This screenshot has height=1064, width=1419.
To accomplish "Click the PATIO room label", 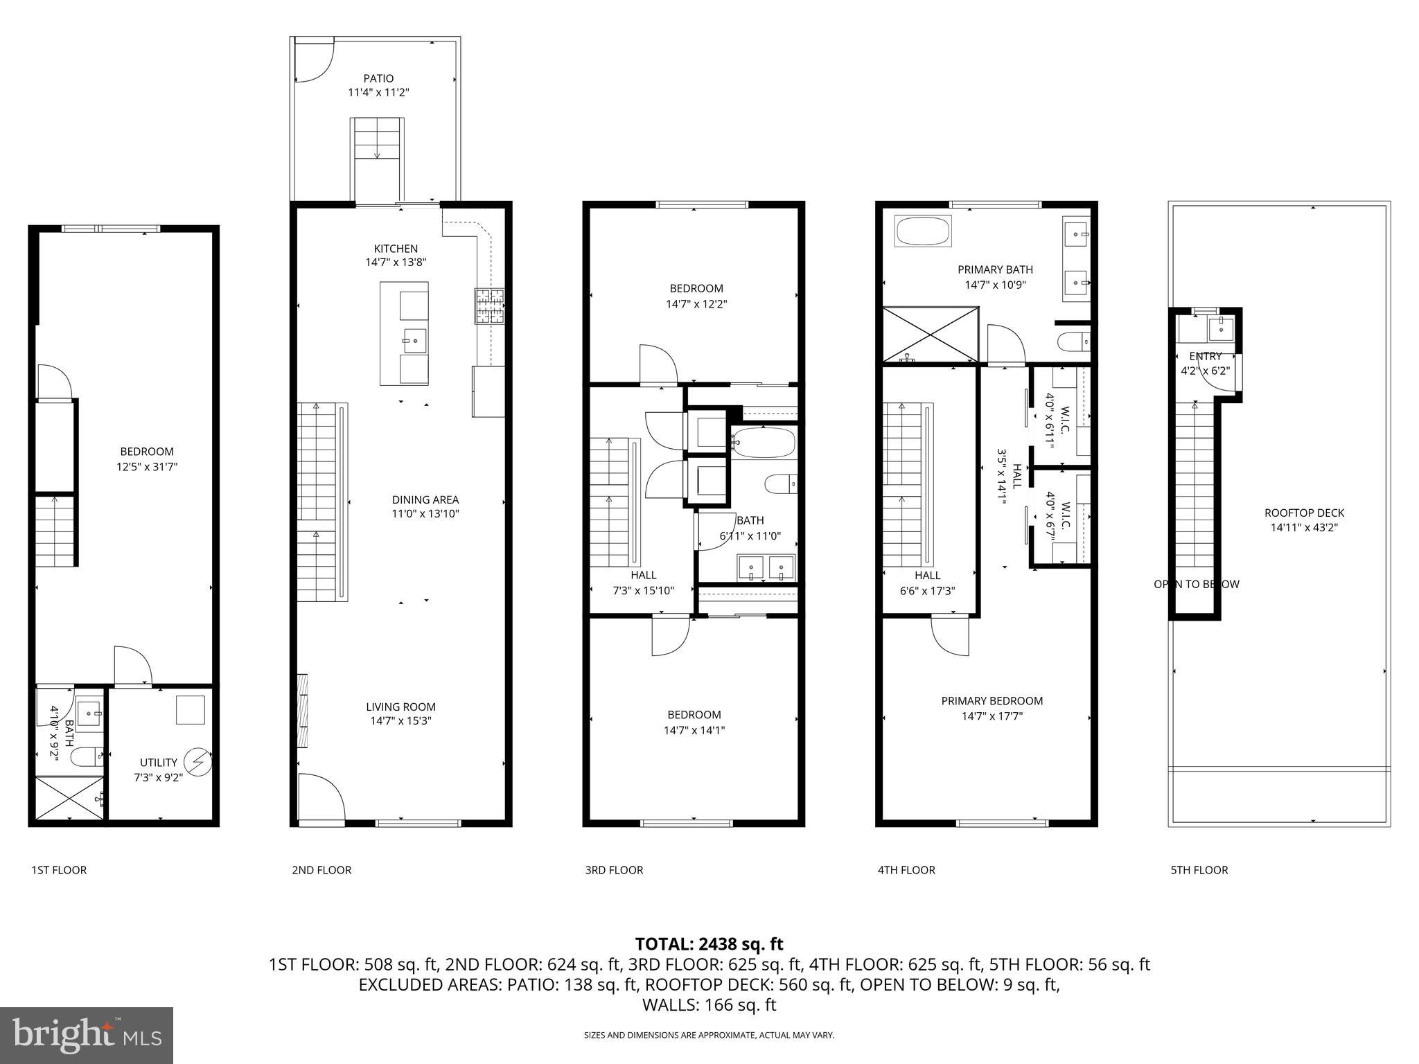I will click(378, 78).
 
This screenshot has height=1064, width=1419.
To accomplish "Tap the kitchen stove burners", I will click(490, 305).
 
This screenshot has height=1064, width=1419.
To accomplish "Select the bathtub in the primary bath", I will click(924, 232).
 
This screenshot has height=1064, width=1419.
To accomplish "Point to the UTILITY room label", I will click(159, 762).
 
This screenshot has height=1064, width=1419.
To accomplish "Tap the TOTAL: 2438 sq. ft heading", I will click(709, 943).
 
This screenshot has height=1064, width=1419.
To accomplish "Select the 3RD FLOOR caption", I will click(614, 870).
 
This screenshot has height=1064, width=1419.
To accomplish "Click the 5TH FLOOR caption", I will click(1199, 870).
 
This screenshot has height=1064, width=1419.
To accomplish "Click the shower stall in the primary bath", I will click(930, 335).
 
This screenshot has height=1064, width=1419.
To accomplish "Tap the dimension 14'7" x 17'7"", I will click(991, 716).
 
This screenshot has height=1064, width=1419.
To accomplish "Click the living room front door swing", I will click(320, 797).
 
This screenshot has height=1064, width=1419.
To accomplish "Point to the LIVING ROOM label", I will click(400, 707).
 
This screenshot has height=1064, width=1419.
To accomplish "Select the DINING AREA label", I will click(425, 499).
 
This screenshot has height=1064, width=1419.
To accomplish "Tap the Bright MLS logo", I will click(87, 1035).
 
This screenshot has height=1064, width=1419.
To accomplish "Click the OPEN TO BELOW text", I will click(1196, 584).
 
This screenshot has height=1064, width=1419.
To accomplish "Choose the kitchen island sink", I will click(414, 340).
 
